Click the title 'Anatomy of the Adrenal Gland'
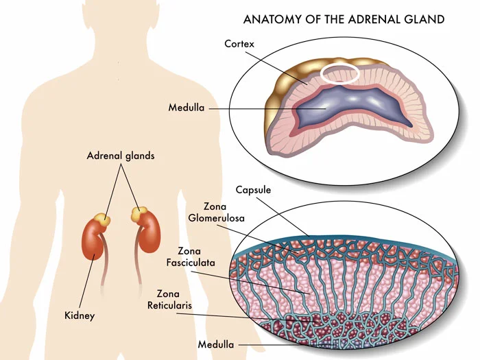(x=344, y=19)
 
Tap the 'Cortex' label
(x=239, y=44)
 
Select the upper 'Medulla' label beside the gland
(x=186, y=108)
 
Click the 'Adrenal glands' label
(x=121, y=156)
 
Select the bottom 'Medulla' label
(x=215, y=344)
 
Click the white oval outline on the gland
(x=341, y=75)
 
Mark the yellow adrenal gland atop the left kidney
(x=102, y=219)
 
